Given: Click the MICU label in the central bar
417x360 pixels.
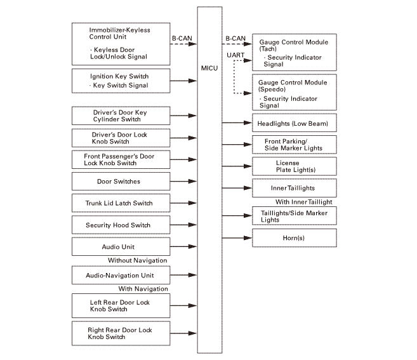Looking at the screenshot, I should (x=209, y=68).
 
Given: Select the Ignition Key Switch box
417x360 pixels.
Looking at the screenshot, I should (x=119, y=81).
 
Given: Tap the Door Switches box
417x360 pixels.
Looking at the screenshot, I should (x=119, y=182).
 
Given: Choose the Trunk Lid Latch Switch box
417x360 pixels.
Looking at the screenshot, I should (x=119, y=203).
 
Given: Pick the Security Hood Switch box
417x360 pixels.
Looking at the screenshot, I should (x=119, y=225).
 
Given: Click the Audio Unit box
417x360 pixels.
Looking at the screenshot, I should (x=119, y=247).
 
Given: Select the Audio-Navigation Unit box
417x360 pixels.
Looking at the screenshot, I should (x=119, y=276).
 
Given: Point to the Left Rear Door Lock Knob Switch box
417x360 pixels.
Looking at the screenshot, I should (x=119, y=306).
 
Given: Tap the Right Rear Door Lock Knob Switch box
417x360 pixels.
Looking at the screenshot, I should (x=119, y=334).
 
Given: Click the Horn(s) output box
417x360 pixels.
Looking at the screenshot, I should (x=295, y=238).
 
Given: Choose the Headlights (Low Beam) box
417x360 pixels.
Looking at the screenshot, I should (x=295, y=123).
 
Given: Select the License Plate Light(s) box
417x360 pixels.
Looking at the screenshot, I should (x=295, y=166).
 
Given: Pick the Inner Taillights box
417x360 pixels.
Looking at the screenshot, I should (x=295, y=189).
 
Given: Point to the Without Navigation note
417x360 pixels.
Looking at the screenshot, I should (x=138, y=260).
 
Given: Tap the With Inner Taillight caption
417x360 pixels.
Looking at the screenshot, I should (x=303, y=202).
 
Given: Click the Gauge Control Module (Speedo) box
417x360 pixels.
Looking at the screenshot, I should (x=295, y=93).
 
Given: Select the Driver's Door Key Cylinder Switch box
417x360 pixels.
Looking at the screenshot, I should (x=119, y=116).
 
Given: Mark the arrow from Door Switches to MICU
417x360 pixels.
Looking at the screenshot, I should (x=182, y=182).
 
